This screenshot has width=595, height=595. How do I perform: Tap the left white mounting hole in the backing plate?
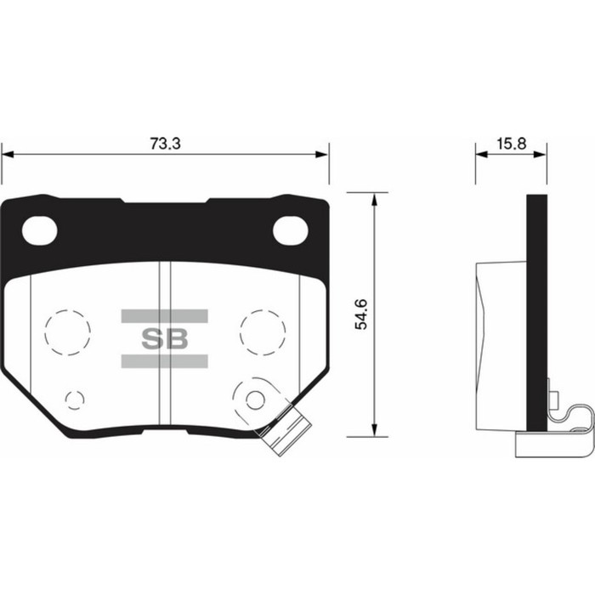coord(38,229)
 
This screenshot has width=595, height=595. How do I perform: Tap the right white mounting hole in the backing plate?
coord(290,229)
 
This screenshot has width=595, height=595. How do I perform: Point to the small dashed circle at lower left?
coord(75,399)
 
